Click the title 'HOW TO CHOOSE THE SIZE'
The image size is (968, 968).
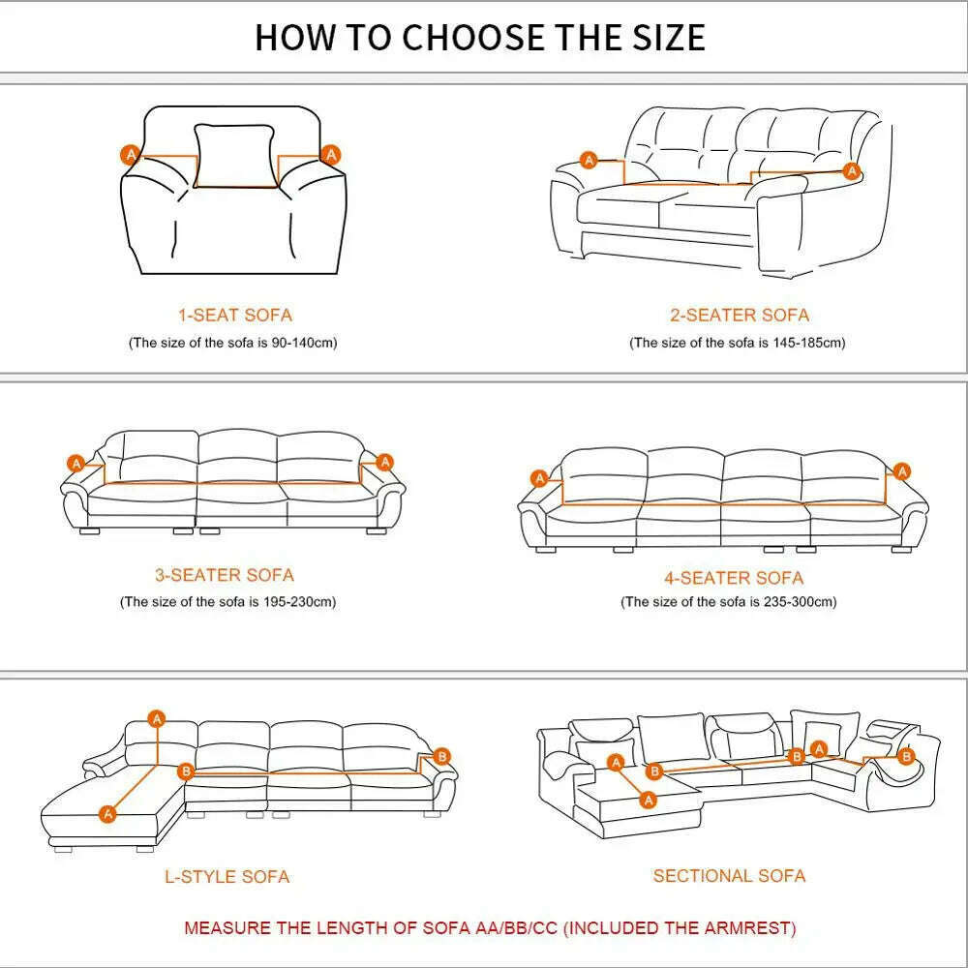tap(480, 37)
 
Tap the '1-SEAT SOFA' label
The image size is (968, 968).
tap(234, 315)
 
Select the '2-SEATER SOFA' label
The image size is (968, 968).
tap(739, 315)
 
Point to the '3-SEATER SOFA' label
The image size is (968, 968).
tap(224, 575)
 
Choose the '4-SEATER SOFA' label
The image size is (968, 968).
tap(733, 578)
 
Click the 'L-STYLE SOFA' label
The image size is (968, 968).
tap(227, 877)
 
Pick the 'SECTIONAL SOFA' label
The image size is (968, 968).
tap(729, 875)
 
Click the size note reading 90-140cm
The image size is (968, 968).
tap(233, 344)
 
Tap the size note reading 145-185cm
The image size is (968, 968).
tap(737, 344)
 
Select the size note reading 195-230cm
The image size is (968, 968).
tap(227, 602)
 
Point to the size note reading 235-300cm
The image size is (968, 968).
tap(728, 602)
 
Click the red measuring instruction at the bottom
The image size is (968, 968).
tap(490, 928)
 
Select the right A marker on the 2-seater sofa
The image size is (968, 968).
tap(852, 171)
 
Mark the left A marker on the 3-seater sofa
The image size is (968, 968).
tap(76, 463)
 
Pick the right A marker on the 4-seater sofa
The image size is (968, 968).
tap(902, 471)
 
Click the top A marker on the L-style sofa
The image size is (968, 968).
tap(157, 718)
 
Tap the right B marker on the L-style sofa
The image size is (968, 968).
tap(441, 756)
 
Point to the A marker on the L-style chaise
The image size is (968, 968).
tap(108, 814)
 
